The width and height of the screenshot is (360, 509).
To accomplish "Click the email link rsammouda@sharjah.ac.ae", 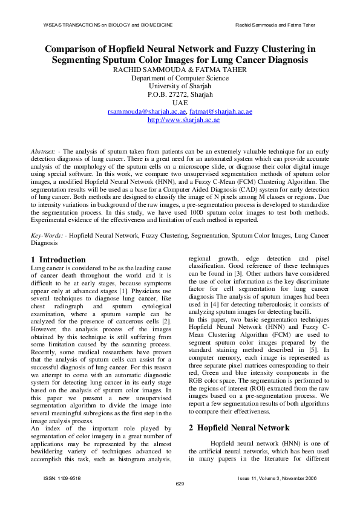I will click(x=147, y=112).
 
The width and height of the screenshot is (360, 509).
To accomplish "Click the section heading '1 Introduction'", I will click(x=58, y=259).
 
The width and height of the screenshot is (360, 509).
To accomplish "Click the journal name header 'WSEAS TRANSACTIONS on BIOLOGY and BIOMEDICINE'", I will click(x=103, y=25).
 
